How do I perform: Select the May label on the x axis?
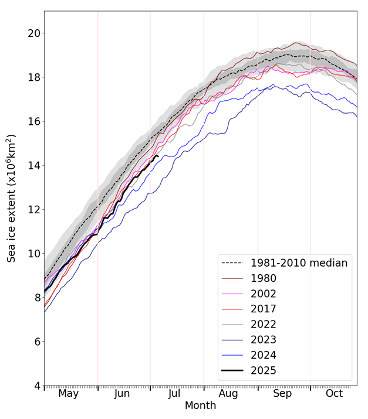[69, 393]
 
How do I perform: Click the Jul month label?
[174, 393]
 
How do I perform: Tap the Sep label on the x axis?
[282, 393]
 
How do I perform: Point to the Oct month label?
[334, 393]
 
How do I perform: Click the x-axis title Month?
[200, 406]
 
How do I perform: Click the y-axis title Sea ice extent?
[12, 198]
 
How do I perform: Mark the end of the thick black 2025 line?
[158, 156]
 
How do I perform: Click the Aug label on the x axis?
[228, 393]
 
